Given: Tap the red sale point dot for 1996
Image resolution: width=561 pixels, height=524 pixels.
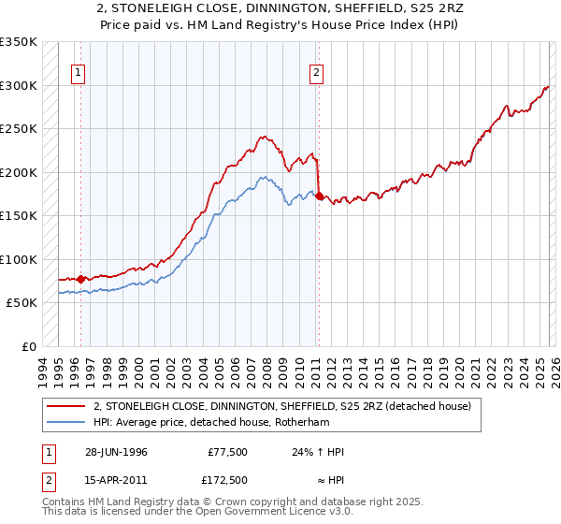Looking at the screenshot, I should [x=80, y=279].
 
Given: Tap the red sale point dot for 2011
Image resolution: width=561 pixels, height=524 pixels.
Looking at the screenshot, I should [x=320, y=196].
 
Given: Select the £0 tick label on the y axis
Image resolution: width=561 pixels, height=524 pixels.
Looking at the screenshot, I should [x=29, y=346].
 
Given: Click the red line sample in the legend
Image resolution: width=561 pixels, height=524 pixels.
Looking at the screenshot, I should [x=65, y=406].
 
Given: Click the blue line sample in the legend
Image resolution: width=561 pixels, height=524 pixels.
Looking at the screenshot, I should [x=65, y=422].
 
